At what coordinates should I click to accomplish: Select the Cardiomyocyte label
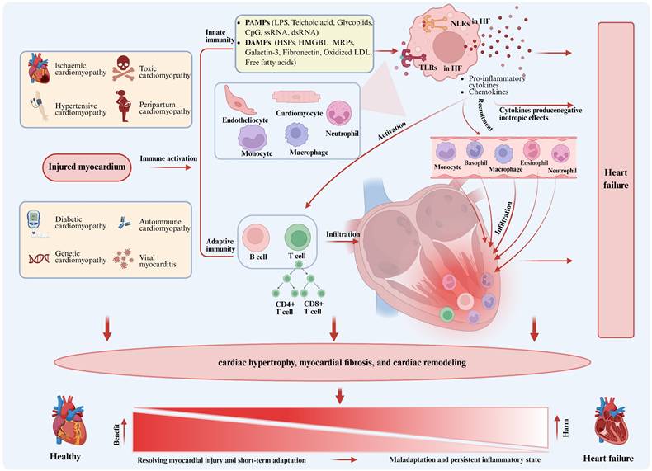(299, 115)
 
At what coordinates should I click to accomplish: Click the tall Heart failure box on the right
(614, 180)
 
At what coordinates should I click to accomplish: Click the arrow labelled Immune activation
(169, 167)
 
